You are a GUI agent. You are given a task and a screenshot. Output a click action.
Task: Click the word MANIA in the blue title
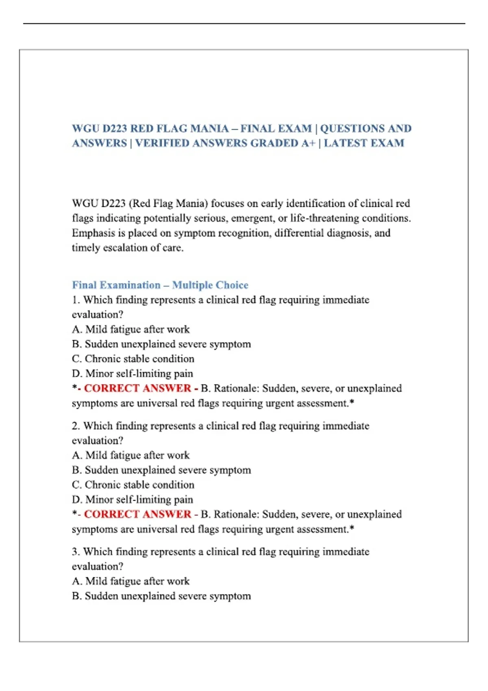coord(209,128)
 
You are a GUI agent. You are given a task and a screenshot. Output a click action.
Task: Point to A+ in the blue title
coord(308,143)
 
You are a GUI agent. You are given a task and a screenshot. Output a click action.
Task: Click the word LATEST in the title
coord(347,143)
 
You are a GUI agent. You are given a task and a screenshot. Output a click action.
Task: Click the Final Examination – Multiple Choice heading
coord(160,285)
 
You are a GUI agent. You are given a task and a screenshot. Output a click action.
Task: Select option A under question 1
coord(131,329)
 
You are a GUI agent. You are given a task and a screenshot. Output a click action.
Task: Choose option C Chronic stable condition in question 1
coord(133,359)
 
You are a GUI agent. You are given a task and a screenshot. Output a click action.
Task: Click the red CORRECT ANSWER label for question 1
coord(137,388)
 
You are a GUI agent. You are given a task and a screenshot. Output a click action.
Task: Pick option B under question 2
coord(161,470)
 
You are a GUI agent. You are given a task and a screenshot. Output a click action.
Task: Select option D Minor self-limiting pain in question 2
coord(132,500)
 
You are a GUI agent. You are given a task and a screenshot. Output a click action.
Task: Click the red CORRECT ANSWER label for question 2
coord(137,514)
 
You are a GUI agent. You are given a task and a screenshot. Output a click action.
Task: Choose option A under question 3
coord(131,581)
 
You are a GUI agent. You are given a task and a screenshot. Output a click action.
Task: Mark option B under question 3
coord(161,596)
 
